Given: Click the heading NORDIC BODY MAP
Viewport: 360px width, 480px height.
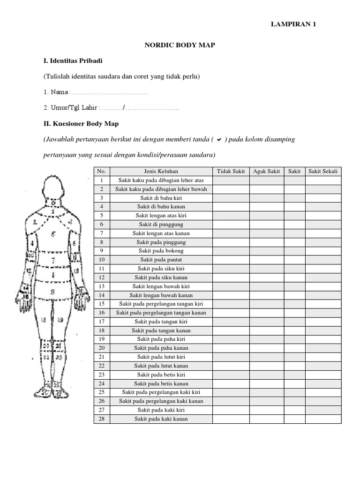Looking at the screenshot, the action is pos(179,45).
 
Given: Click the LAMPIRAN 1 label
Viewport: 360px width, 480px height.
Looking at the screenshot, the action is pos(294,24).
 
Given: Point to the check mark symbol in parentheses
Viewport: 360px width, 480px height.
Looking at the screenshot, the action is pos(218,140).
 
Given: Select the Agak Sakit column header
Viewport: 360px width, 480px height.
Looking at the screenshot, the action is pos(266,171).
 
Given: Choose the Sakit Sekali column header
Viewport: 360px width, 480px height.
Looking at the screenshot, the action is pos(323,171).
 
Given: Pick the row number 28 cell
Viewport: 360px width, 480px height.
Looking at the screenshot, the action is pos(102,419).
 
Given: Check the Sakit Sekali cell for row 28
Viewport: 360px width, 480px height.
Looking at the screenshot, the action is pos(323,419).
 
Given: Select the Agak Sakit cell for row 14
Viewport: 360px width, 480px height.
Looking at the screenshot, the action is pos(266,295).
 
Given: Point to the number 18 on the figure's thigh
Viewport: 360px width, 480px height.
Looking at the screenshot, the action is pos(44,320).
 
